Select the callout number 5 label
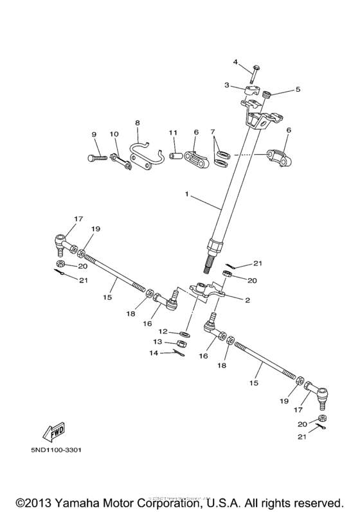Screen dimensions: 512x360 [x=297, y=90]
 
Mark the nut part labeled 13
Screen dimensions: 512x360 [x=181, y=344]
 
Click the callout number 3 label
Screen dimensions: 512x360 [x=227, y=85]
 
